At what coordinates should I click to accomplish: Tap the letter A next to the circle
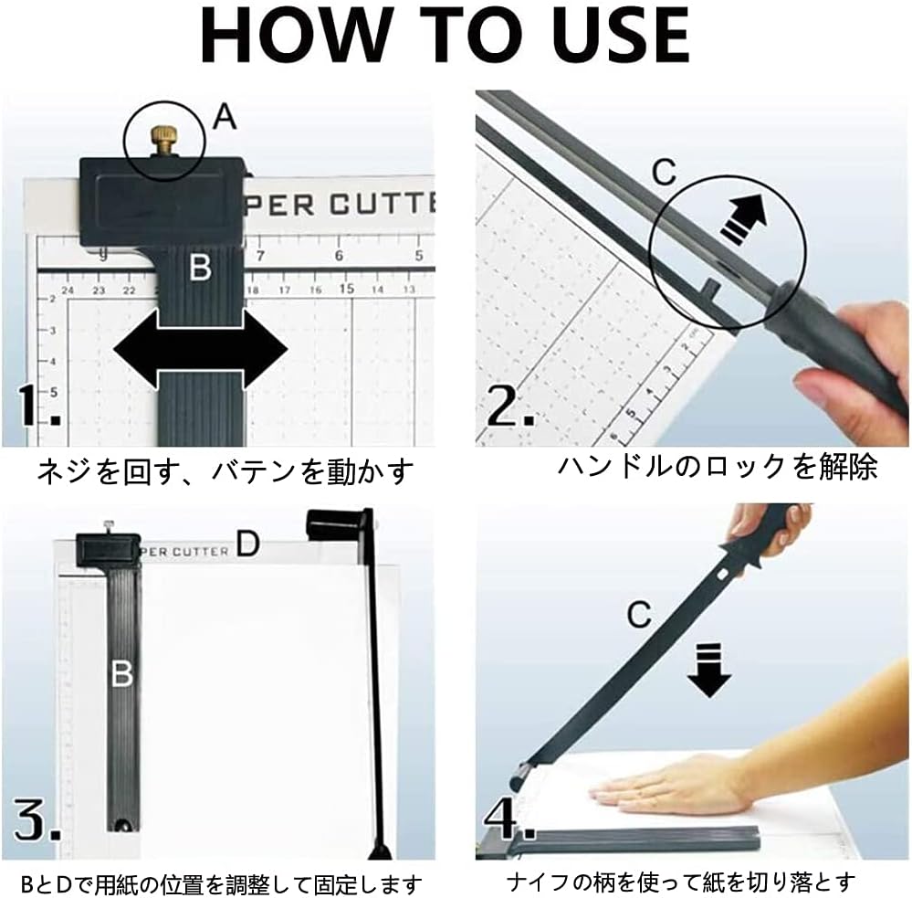pyautogui.click(x=225, y=117)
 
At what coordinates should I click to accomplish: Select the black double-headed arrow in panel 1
pyautogui.click(x=200, y=349)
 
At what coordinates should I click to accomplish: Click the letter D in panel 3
pyautogui.click(x=247, y=544)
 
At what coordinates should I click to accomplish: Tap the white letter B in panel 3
pyautogui.click(x=121, y=674)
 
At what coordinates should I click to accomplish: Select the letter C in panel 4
pyautogui.click(x=639, y=615)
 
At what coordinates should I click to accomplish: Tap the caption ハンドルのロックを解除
pyautogui.click(x=718, y=468)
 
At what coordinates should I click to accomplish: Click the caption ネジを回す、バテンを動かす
pyautogui.click(x=225, y=471)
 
